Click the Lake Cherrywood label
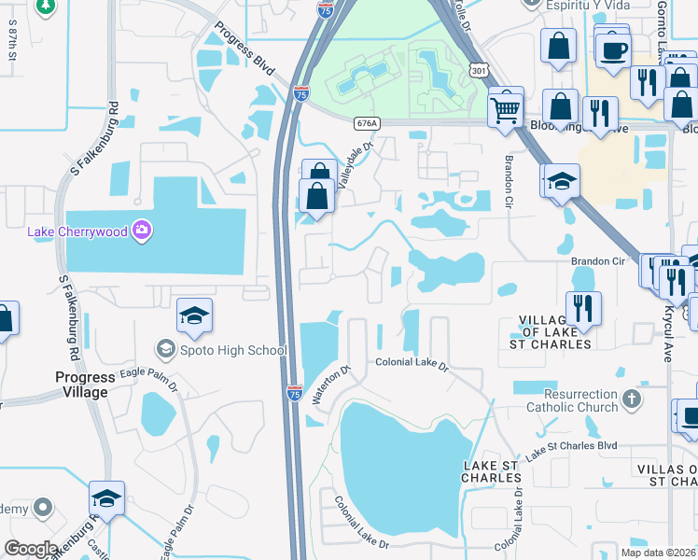coord(77,231)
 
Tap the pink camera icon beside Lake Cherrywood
coord(142,231)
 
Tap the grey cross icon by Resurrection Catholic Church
coord(633,400)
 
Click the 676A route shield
coord(368,122)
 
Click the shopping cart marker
coord(505,108)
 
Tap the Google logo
coord(31,549)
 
